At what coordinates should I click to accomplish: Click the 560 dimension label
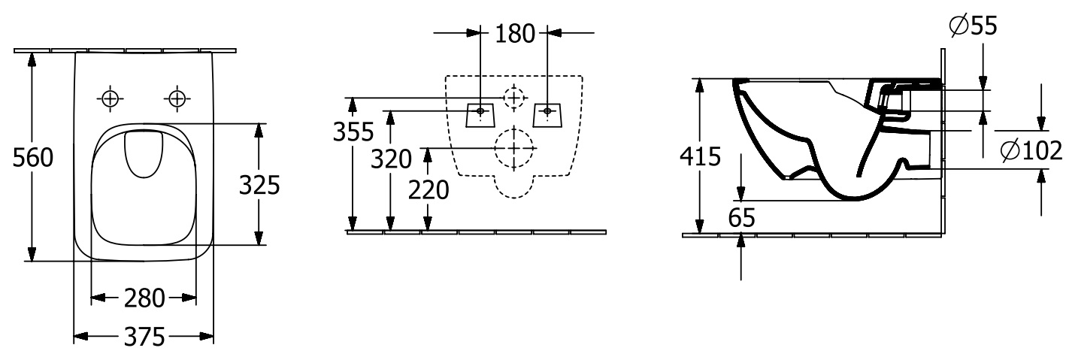click(33, 157)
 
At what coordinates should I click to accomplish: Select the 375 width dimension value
click(144, 337)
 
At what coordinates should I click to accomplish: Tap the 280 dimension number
click(144, 298)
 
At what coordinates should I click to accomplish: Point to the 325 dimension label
click(259, 185)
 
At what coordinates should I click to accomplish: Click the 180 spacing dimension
click(515, 34)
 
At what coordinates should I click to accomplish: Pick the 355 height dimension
click(353, 132)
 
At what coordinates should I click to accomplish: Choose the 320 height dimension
click(391, 159)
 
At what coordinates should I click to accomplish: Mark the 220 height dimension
click(429, 190)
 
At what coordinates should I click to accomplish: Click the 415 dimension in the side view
click(700, 156)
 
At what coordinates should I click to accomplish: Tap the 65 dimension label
click(741, 218)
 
